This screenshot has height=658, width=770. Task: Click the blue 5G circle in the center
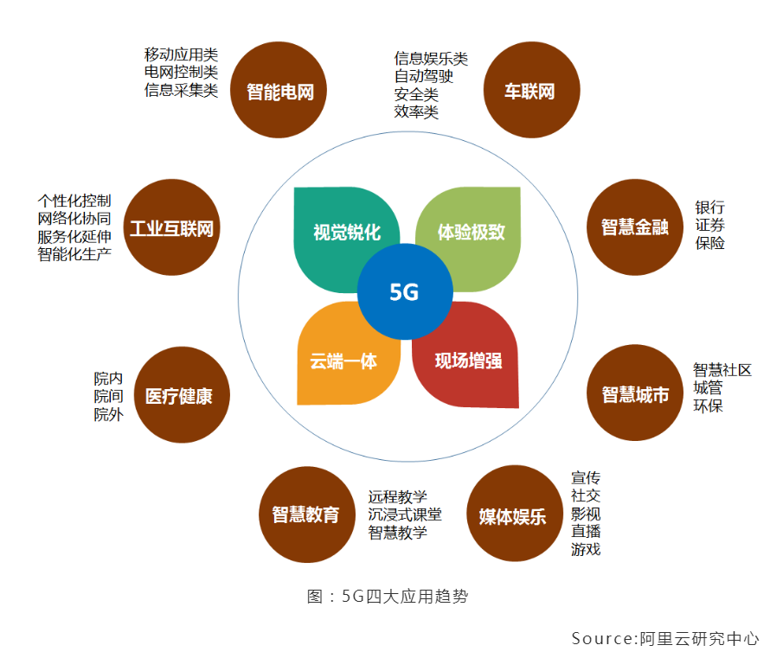[x=404, y=292]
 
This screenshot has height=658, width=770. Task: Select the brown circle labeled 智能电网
[x=279, y=91]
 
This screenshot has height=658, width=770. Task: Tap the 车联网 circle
[x=529, y=91]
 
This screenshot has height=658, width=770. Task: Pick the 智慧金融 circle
[x=635, y=227]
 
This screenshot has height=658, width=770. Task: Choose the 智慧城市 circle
[x=635, y=393]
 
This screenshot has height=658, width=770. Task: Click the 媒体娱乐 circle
[x=513, y=516]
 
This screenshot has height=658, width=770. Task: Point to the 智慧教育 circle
[x=306, y=514]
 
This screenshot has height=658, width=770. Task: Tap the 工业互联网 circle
[x=171, y=228]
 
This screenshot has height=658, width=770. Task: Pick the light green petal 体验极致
[x=472, y=232]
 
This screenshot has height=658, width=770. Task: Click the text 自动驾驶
[x=424, y=76]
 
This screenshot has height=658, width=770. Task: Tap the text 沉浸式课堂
[x=405, y=514]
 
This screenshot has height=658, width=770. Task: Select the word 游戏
[x=586, y=549]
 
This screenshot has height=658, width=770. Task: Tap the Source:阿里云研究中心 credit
[x=664, y=638]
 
